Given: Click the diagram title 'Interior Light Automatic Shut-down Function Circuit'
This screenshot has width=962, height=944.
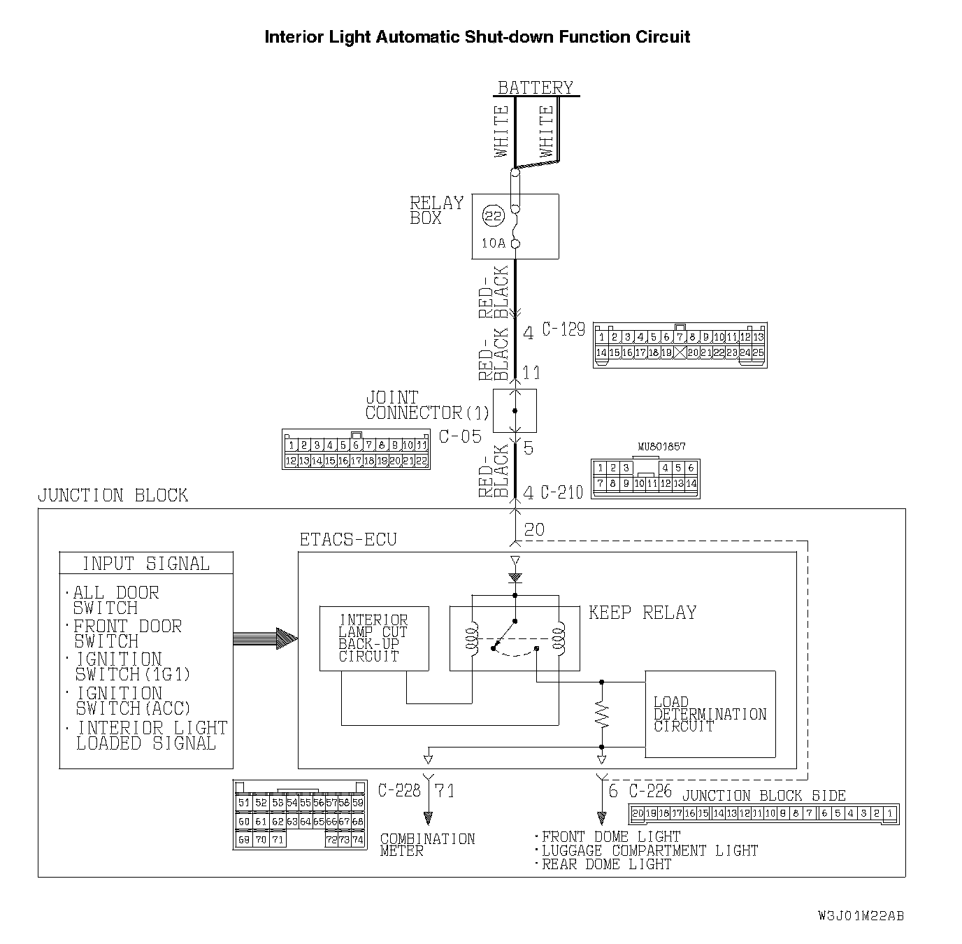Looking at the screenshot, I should tap(477, 37).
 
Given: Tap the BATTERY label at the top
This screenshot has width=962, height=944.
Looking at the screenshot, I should tap(535, 87).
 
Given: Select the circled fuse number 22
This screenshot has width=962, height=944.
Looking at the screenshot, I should tap(494, 216).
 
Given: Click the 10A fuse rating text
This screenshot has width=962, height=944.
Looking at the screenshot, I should tap(493, 243).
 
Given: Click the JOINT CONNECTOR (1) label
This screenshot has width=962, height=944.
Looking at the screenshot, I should tap(427, 406).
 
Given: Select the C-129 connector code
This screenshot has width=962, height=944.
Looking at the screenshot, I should tap(563, 329).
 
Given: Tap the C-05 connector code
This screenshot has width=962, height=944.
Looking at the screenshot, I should tap(460, 437).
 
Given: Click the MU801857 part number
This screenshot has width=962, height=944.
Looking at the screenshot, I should tap(661, 446).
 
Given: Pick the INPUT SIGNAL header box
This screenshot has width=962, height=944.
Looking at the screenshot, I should tap(146, 564).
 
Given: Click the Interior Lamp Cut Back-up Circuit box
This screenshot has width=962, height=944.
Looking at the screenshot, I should tap(374, 638).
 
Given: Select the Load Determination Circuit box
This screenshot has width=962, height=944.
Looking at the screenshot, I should tap(710, 714).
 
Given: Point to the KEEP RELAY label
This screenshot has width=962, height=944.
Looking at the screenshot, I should tap(642, 613).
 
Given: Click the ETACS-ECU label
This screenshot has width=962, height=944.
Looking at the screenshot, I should tap(347, 540).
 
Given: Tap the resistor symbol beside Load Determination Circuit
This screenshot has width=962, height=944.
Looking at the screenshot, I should tap(602, 714).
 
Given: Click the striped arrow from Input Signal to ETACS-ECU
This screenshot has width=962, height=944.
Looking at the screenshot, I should tap(265, 638).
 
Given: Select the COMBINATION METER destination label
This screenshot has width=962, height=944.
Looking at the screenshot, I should tap(427, 844).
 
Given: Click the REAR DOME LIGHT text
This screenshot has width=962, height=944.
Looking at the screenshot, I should tap(606, 864).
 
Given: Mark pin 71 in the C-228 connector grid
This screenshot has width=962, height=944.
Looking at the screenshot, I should tap(278, 840).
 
